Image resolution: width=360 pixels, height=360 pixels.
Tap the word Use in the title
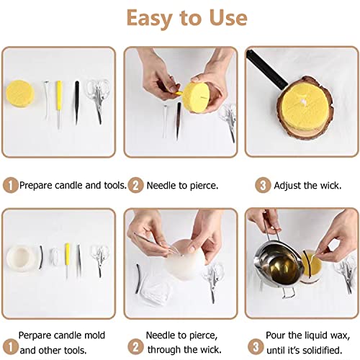[224, 17]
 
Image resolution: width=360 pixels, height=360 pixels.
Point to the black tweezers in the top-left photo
[76, 101]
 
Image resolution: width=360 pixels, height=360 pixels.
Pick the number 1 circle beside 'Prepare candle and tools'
[10, 185]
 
